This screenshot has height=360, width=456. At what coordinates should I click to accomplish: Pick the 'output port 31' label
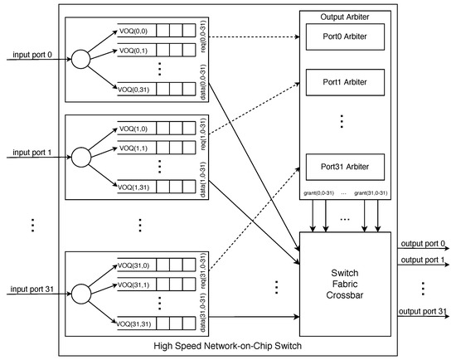pos(422,310)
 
